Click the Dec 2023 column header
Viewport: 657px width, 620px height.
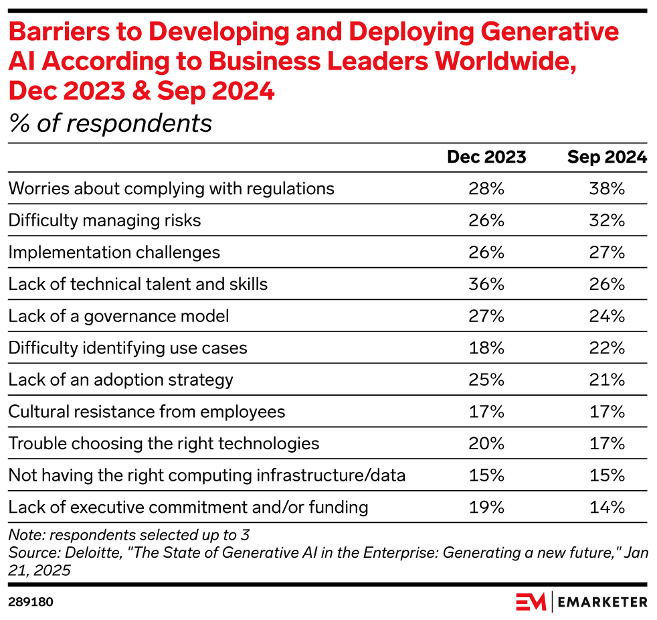click(486, 157)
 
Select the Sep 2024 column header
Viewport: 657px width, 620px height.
click(607, 157)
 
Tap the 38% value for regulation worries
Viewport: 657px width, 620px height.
click(607, 188)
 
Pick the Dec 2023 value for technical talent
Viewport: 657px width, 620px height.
click(486, 284)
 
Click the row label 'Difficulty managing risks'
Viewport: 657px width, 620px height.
click(104, 220)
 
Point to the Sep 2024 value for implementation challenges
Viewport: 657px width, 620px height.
click(607, 252)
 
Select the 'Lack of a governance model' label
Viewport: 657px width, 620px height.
click(118, 316)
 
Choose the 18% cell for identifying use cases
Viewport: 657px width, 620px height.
click(486, 348)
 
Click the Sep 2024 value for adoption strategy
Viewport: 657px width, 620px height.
click(607, 380)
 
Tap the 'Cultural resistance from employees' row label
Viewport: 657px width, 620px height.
click(147, 412)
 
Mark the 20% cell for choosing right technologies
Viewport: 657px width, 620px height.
click(486, 443)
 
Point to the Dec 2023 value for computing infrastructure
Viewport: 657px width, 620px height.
click(486, 475)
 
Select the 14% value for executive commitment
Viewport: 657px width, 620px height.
click(607, 507)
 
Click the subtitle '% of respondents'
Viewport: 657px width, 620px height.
click(110, 123)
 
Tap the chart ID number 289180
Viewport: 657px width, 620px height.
click(31, 602)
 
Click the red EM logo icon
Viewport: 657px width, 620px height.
click(531, 602)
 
